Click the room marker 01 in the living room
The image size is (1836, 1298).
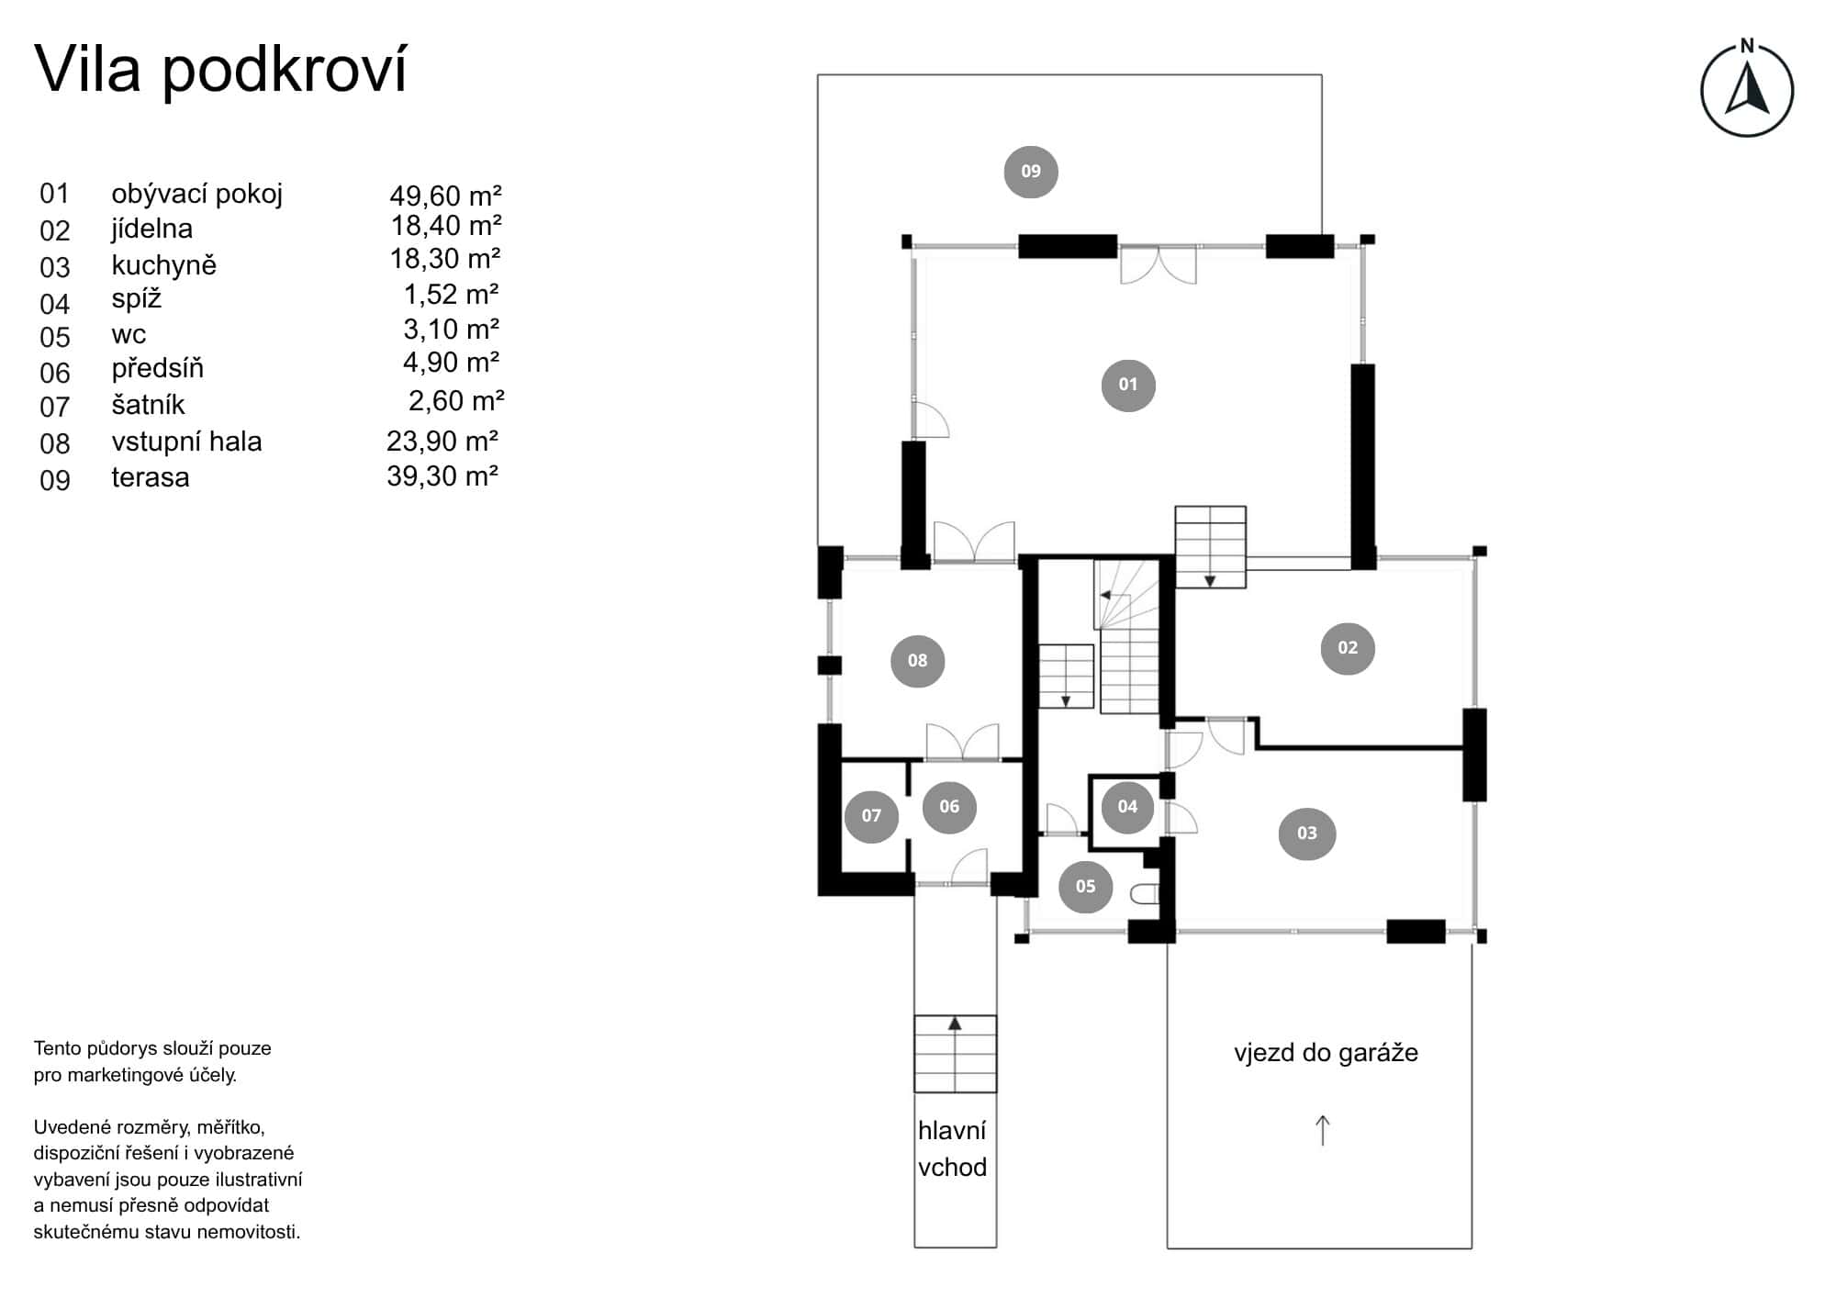(1127, 385)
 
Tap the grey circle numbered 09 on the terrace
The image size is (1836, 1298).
(1030, 171)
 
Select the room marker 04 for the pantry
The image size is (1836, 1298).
(1126, 806)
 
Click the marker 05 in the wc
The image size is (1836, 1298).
(1085, 886)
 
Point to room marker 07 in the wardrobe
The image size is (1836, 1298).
(870, 815)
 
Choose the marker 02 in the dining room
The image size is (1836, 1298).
(1347, 647)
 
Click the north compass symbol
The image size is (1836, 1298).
(1746, 90)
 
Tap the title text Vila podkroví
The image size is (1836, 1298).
(220, 70)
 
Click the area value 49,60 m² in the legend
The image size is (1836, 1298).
(445, 196)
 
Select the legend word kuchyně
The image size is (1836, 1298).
(163, 265)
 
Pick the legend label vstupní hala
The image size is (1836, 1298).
(186, 442)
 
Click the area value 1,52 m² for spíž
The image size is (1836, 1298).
(451, 295)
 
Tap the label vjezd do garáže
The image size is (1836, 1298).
(1325, 1052)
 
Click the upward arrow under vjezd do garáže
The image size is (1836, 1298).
(1322, 1130)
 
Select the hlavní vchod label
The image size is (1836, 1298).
(952, 1148)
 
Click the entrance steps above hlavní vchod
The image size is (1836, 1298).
(955, 1054)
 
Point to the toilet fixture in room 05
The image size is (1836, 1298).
(1145, 893)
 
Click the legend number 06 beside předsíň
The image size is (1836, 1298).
(55, 373)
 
